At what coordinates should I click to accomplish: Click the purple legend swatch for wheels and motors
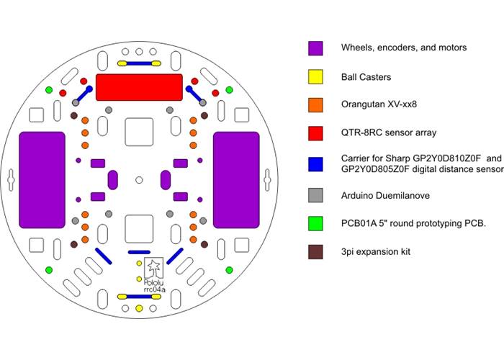(x=315, y=48)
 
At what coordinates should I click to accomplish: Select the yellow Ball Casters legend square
(x=315, y=76)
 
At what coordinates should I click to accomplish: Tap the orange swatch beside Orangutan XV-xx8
(x=315, y=104)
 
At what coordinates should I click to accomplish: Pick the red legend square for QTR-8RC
(x=315, y=133)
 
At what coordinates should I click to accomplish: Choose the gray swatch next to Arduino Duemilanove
(x=315, y=194)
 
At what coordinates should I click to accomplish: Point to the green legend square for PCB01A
(x=315, y=223)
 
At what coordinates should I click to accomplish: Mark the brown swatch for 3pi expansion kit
(x=315, y=252)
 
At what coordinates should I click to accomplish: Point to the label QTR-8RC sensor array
(x=389, y=133)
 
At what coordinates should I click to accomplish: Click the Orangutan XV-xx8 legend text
(x=379, y=104)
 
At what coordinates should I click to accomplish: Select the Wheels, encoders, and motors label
(x=404, y=48)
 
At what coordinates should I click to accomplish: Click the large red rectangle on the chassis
(x=139, y=86)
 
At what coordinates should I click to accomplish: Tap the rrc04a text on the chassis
(x=154, y=290)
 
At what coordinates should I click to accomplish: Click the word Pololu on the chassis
(x=154, y=282)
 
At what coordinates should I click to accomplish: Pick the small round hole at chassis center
(x=139, y=179)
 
